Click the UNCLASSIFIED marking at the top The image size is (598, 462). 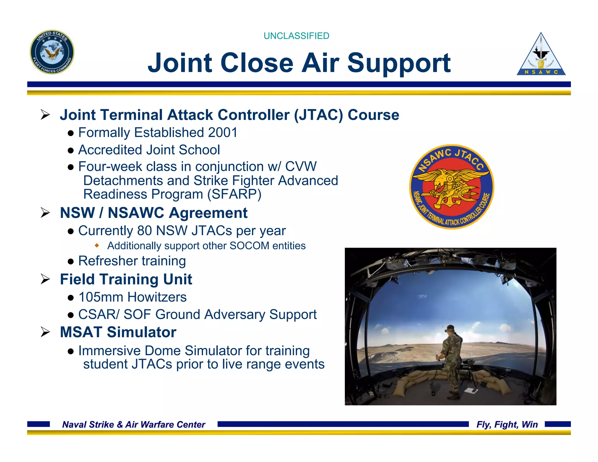click(x=296, y=36)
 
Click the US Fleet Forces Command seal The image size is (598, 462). click(x=52, y=52)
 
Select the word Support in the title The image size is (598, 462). click(x=399, y=63)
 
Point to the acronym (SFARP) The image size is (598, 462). click(x=234, y=194)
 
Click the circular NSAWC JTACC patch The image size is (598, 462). click(x=451, y=187)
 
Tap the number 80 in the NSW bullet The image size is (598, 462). click(x=144, y=231)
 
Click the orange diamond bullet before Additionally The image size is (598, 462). click(x=97, y=245)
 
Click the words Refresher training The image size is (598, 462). click(x=132, y=261)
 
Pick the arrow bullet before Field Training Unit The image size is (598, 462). click(x=46, y=279)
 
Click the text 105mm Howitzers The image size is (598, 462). click(x=133, y=297)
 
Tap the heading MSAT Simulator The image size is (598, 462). click(x=118, y=332)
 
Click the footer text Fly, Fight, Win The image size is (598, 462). click(x=507, y=424)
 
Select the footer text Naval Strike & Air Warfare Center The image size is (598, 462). click(x=134, y=424)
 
